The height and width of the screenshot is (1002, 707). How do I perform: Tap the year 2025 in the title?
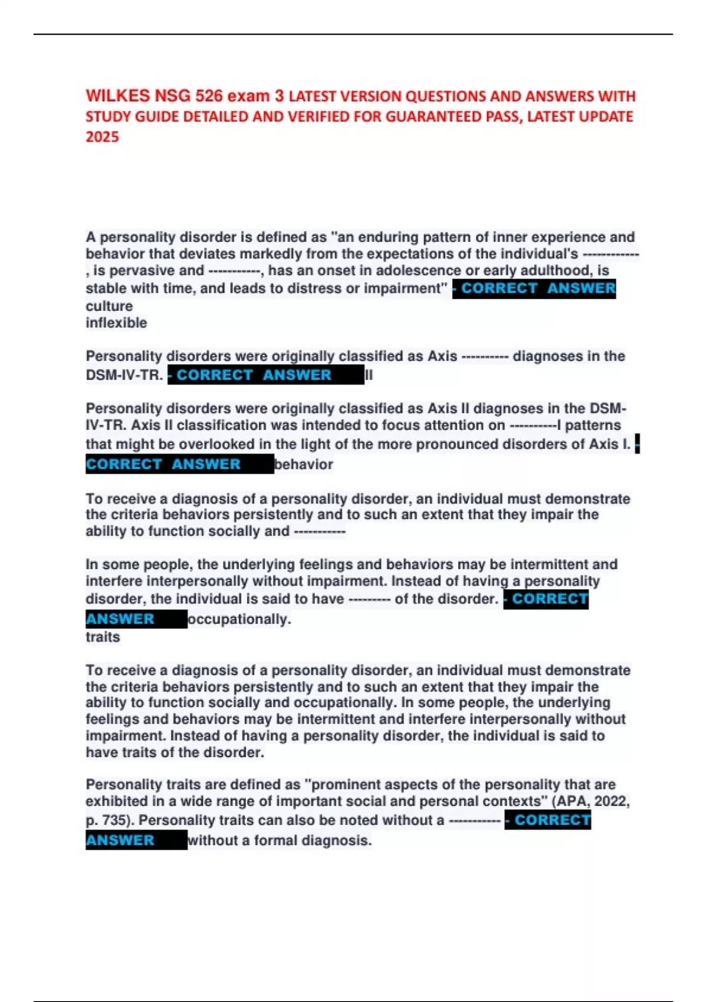[103, 137]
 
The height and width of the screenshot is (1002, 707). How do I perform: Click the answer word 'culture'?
[110, 306]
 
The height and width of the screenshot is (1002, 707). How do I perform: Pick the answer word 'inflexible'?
[116, 323]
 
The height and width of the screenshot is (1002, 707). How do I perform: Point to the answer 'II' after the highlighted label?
[369, 375]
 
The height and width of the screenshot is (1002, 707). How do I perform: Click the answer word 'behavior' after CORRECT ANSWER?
[304, 464]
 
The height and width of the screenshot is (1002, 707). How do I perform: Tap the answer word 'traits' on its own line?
[103, 637]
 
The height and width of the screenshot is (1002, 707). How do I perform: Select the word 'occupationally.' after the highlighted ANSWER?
[239, 619]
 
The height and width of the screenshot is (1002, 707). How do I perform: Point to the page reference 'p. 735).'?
[110, 820]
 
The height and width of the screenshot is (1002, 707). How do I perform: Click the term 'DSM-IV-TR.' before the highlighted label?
[124, 375]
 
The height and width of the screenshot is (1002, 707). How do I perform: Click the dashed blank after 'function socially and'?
[319, 532]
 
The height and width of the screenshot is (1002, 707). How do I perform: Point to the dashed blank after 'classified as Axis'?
[485, 357]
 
